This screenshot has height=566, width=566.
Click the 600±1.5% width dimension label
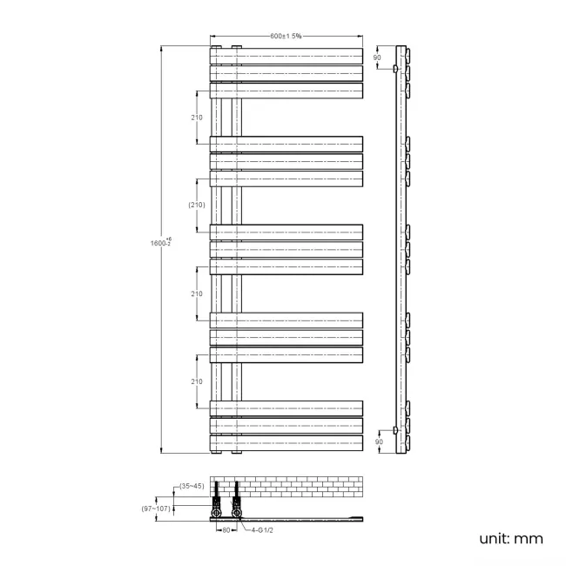point(286,36)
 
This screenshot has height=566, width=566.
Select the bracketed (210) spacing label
point(196,205)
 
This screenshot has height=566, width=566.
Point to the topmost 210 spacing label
point(197,117)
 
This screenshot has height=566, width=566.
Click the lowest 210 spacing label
point(197,381)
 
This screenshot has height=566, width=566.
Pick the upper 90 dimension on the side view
point(377,57)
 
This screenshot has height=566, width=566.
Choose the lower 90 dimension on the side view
point(377,441)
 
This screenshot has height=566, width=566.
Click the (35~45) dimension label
point(192,486)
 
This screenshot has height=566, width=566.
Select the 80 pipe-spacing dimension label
point(225,529)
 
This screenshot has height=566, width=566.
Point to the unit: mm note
point(510,538)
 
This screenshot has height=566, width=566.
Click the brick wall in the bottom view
point(296,485)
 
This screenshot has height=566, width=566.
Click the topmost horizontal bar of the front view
point(286,54)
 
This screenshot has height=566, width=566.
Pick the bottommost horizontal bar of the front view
point(286,443)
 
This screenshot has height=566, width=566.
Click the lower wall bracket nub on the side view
point(395,431)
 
